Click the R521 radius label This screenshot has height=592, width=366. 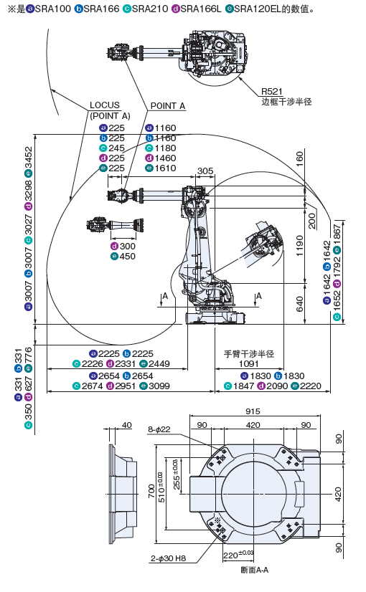(272, 91)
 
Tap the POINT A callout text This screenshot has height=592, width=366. (168, 106)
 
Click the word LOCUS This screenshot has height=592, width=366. (105, 105)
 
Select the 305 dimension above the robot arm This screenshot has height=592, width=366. (205, 171)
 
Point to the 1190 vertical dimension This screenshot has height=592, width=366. (300, 246)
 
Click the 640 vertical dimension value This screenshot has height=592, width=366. (300, 305)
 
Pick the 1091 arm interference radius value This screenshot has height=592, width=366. (249, 364)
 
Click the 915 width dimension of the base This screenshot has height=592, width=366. (253, 411)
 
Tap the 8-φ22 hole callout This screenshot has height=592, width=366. (159, 429)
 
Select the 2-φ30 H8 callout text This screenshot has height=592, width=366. (168, 558)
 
